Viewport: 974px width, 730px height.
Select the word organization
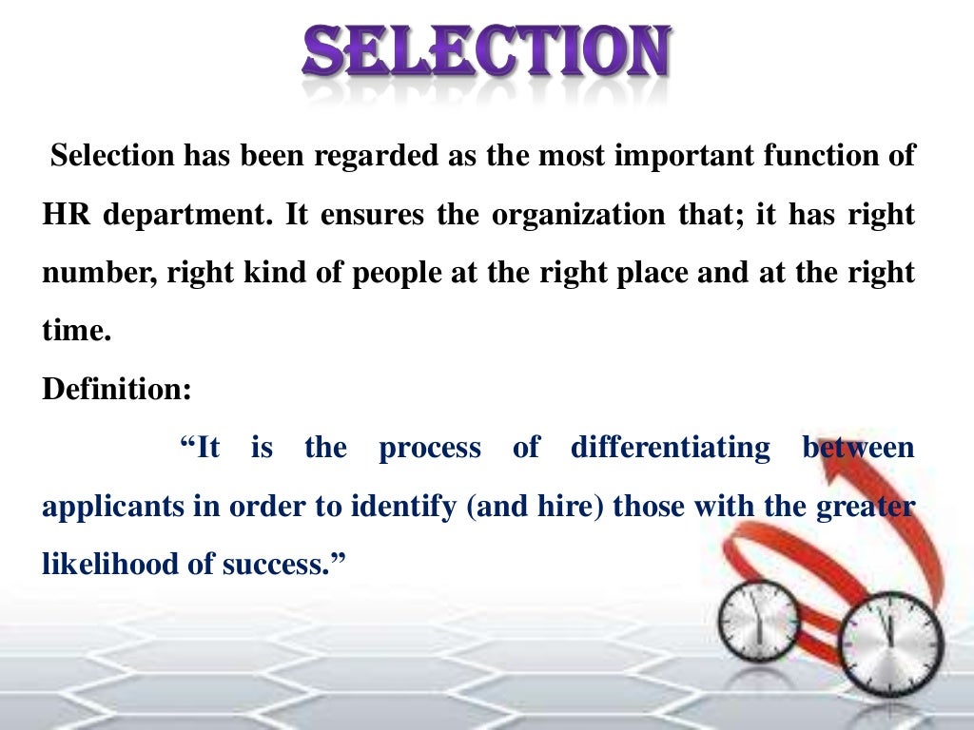[x=570, y=214]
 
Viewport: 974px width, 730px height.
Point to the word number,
[x=100, y=273]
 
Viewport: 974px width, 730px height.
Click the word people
[x=398, y=273]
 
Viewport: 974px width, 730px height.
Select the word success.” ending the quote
[x=289, y=564]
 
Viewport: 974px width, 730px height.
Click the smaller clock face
[x=758, y=620]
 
